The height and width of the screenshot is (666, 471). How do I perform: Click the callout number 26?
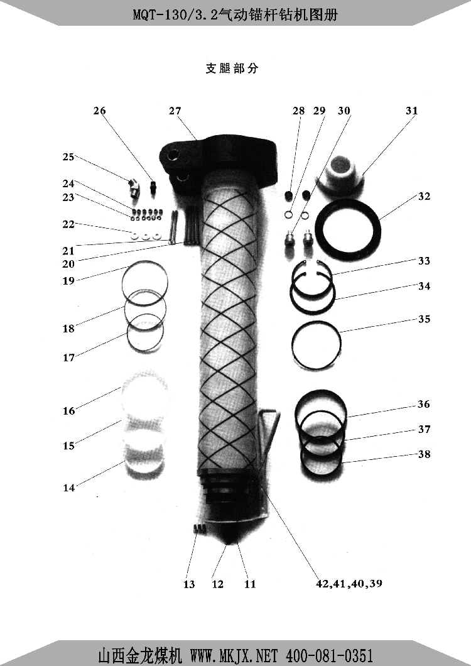tap(99, 111)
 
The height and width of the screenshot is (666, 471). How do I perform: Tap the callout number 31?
tap(411, 111)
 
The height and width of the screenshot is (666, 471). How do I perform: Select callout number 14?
tap(68, 488)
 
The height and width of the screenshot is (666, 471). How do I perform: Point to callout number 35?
tap(425, 319)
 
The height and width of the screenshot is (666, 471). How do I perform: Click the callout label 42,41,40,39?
tap(349, 584)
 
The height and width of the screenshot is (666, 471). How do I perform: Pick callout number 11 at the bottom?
tap(250, 584)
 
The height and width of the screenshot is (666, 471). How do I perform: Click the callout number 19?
tap(68, 281)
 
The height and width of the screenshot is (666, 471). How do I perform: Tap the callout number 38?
tap(425, 454)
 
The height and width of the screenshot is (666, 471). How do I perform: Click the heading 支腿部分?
tap(232, 68)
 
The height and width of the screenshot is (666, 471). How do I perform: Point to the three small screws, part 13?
tap(198, 528)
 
